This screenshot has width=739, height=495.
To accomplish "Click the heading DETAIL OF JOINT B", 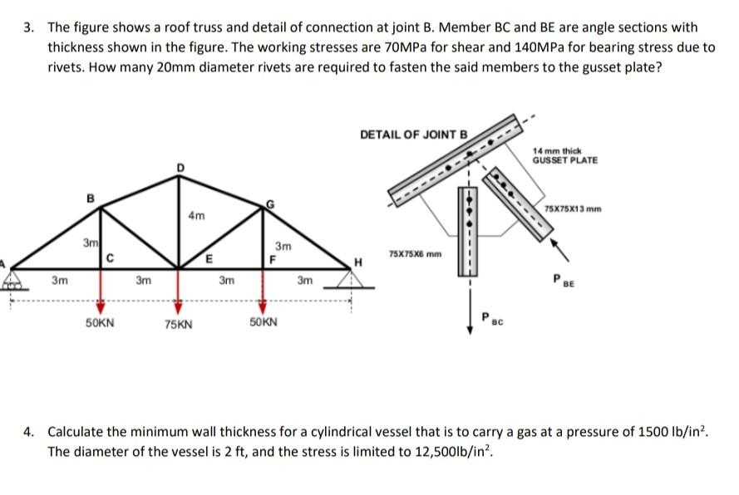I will [x=414, y=134].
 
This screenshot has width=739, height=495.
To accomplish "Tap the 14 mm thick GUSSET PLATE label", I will [x=564, y=154].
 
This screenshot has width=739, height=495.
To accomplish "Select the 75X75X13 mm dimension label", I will [x=578, y=207].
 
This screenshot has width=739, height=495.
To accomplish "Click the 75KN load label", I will [x=178, y=324].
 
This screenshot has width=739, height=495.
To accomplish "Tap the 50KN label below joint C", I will [x=101, y=320].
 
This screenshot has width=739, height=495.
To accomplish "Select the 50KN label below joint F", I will [x=264, y=320].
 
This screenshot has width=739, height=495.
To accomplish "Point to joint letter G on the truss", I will [x=269, y=203].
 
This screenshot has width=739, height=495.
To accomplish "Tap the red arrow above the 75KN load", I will [x=177, y=304].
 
